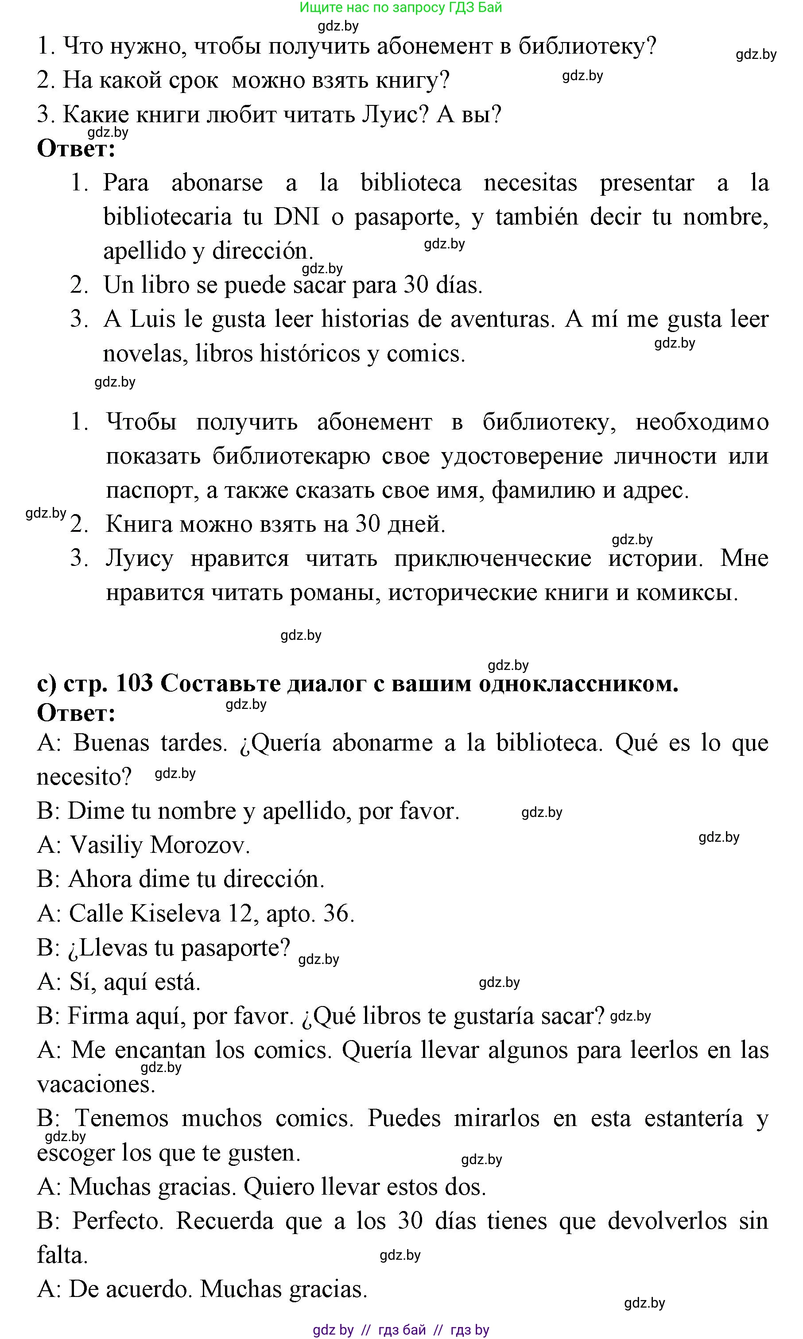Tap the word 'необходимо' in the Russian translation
click(x=702, y=422)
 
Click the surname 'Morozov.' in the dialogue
click(x=200, y=845)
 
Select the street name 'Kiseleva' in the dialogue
click(x=175, y=913)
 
